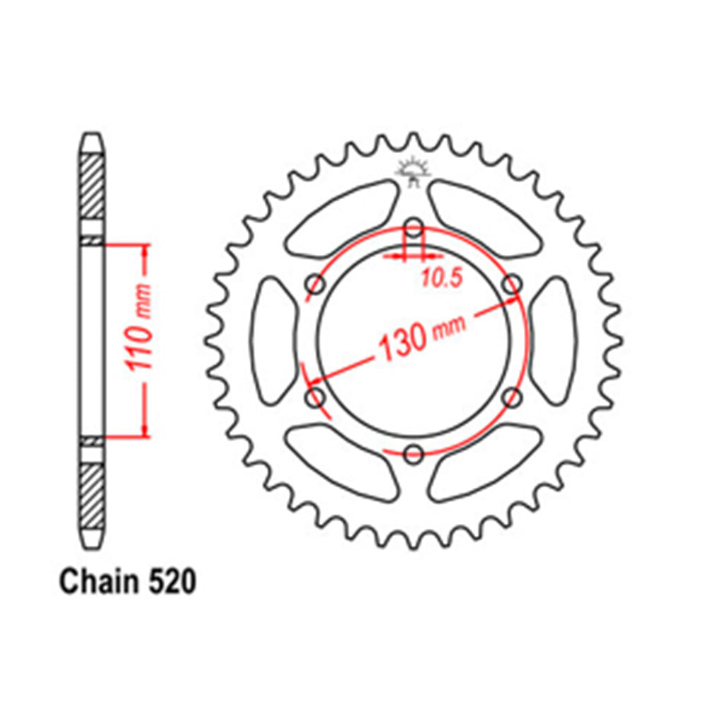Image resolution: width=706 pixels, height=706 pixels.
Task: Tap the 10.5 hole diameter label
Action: (441, 277)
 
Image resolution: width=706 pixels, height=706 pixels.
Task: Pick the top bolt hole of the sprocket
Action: (414, 227)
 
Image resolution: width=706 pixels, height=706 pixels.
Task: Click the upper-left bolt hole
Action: (316, 285)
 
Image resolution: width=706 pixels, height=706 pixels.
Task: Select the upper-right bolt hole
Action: (513, 285)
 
